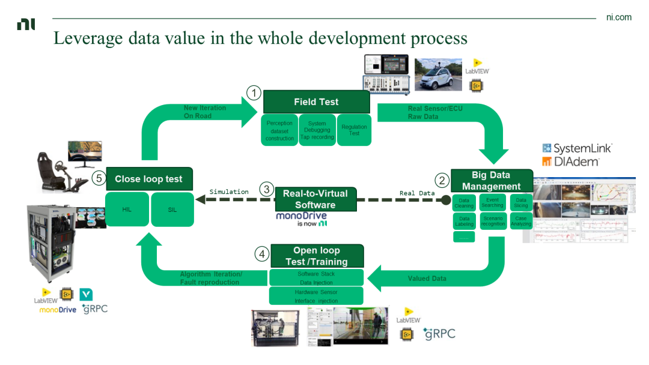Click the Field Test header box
316,102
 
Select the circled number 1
254,93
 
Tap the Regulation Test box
354,130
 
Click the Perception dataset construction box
279,130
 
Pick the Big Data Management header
491,180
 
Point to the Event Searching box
493,202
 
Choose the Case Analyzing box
520,220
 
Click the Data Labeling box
464,222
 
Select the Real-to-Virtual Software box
315,199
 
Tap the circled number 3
267,190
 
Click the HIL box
127,210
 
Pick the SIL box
172,210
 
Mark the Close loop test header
149,179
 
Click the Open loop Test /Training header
316,256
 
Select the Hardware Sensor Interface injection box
316,296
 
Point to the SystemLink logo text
577,148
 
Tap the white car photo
438,74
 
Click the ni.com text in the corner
618,17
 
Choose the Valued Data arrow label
427,279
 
